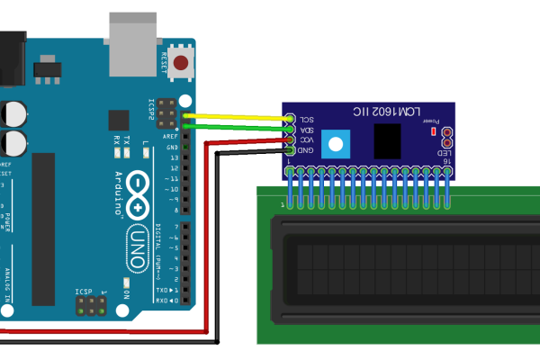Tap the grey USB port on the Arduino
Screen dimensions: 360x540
point(137,35)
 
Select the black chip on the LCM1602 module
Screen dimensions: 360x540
point(387,141)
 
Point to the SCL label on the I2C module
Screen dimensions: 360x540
point(307,119)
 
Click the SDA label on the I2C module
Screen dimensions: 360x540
point(307,130)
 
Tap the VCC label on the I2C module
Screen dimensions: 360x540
point(307,140)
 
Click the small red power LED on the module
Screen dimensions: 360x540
point(434,130)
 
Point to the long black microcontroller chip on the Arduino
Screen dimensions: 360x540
point(43,229)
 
